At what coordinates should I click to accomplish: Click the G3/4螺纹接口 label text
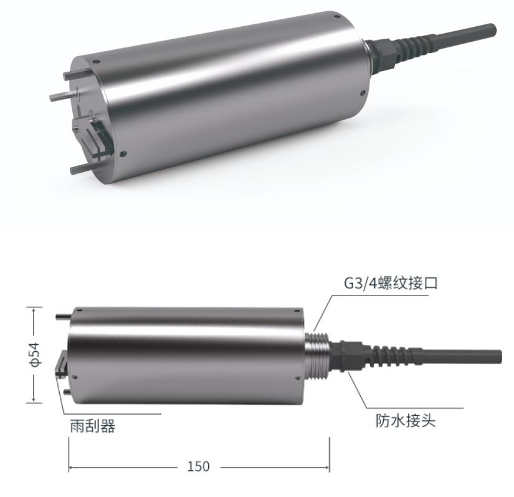tap(391, 283)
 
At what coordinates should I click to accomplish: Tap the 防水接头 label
tap(406, 420)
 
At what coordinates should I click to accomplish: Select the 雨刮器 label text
tap(93, 427)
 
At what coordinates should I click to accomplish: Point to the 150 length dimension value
tap(198, 466)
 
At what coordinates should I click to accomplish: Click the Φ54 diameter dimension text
tap(34, 355)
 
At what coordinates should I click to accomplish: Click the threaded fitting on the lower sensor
tap(317, 356)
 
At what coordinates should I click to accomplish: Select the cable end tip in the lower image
tap(499, 356)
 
